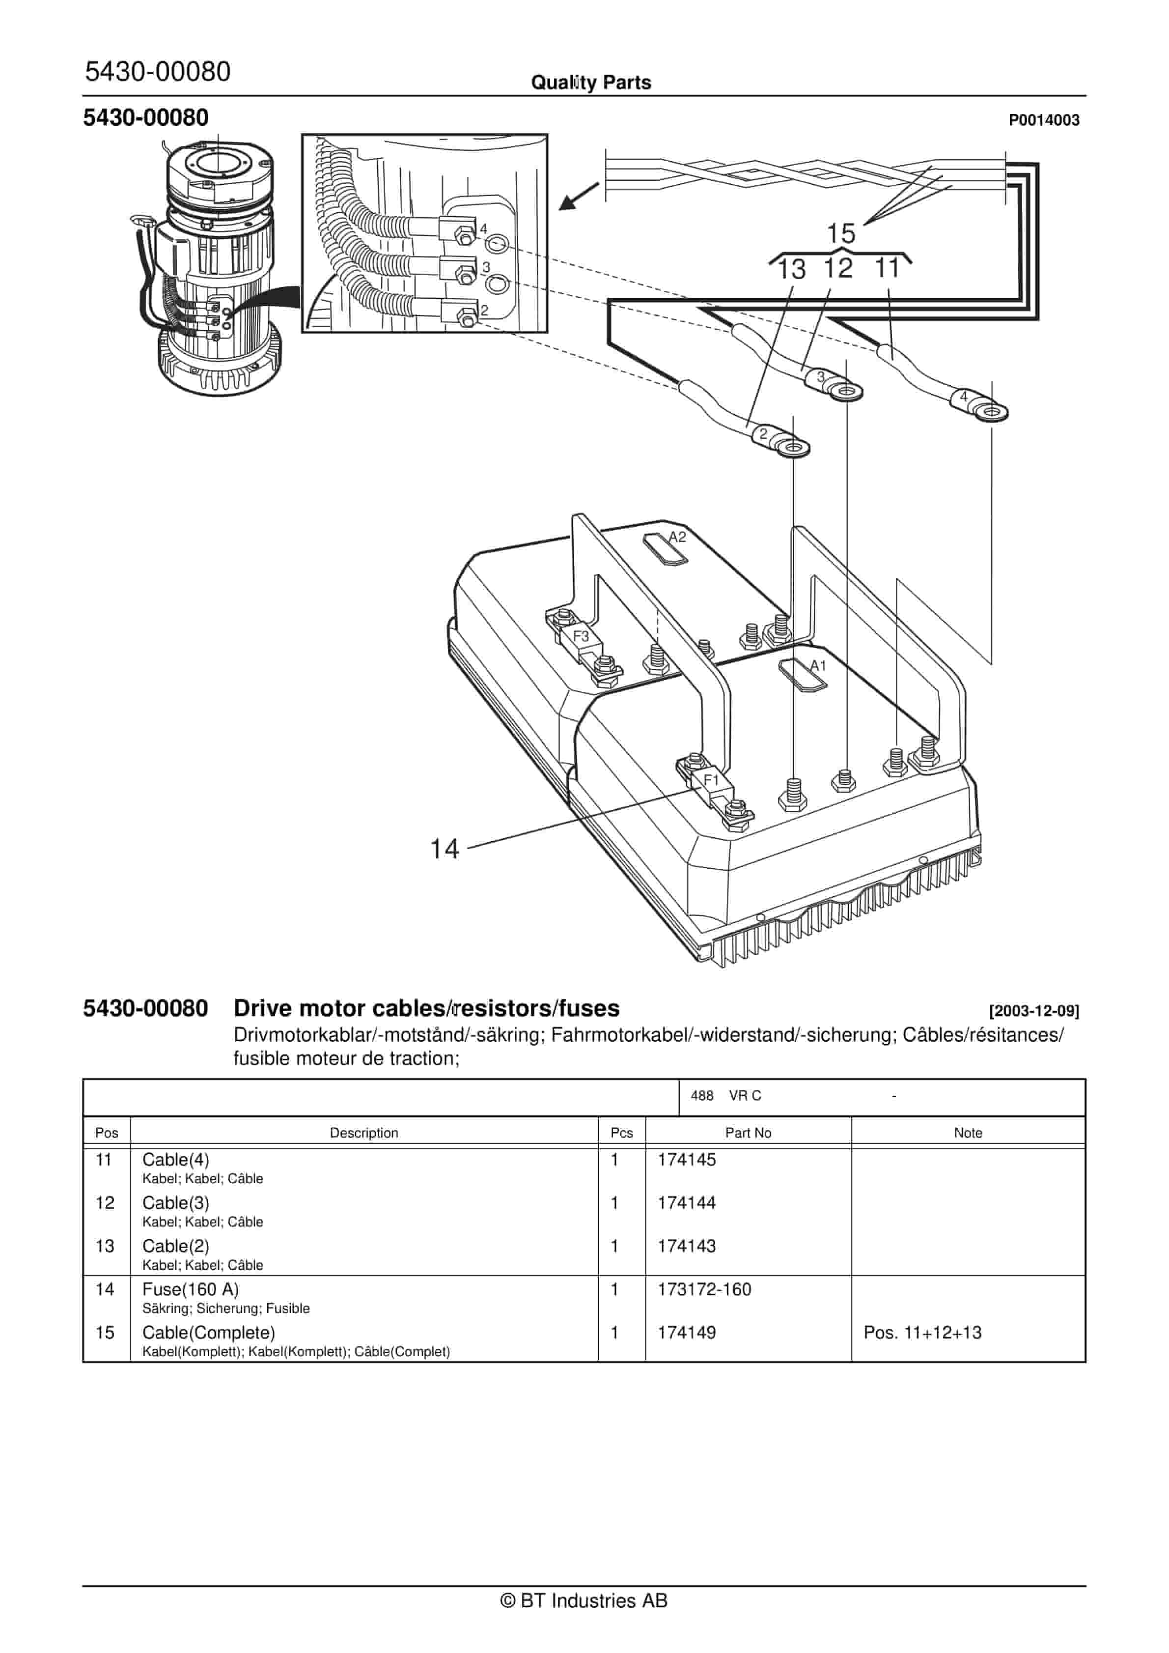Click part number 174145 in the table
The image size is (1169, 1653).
pyautogui.click(x=686, y=1160)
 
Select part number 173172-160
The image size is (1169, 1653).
pyautogui.click(x=704, y=1289)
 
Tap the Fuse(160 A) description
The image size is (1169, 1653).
pyautogui.click(x=190, y=1289)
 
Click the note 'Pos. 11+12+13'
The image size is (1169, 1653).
pyautogui.click(x=922, y=1333)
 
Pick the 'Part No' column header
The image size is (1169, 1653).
pyautogui.click(x=748, y=1133)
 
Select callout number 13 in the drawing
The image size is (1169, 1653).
pyautogui.click(x=791, y=269)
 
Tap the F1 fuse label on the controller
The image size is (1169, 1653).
pyautogui.click(x=711, y=780)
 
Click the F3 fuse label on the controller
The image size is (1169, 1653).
pyautogui.click(x=580, y=636)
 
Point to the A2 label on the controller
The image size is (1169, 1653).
pyautogui.click(x=677, y=537)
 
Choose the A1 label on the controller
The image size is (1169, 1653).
pyautogui.click(x=818, y=666)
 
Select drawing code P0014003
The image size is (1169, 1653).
pyautogui.click(x=1043, y=120)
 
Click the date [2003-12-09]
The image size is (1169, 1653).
pyautogui.click(x=1033, y=1011)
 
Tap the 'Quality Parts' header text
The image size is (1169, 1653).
pyautogui.click(x=590, y=83)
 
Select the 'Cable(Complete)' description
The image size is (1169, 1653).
pyautogui.click(x=209, y=1333)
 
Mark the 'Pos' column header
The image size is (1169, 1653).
pyautogui.click(x=107, y=1133)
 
